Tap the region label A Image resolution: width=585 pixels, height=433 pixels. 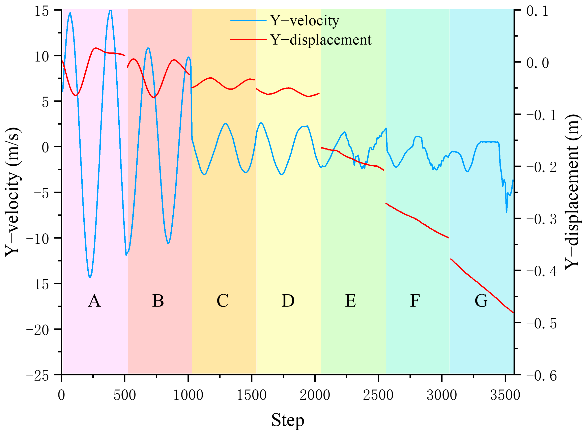[x=94, y=301]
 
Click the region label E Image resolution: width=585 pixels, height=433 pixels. [x=350, y=301]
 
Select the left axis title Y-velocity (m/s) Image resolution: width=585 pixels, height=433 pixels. [x=13, y=192]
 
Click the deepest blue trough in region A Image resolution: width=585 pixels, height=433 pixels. [x=90, y=277]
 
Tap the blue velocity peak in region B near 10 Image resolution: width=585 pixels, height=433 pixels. [x=148, y=48]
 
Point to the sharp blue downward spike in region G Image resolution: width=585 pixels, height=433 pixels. [x=506, y=212]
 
